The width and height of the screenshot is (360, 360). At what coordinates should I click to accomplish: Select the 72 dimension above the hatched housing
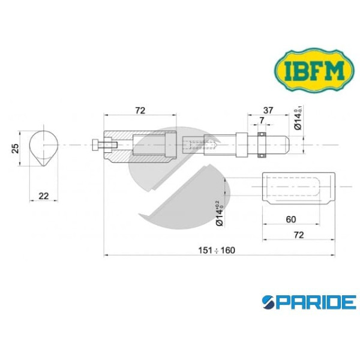click(141, 110)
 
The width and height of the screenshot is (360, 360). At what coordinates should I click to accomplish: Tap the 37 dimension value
click(269, 110)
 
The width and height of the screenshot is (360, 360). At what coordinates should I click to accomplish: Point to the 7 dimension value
click(262, 121)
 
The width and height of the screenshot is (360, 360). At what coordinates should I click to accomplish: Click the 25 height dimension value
click(17, 147)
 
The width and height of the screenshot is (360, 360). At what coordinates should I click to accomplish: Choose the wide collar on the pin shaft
click(240, 145)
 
